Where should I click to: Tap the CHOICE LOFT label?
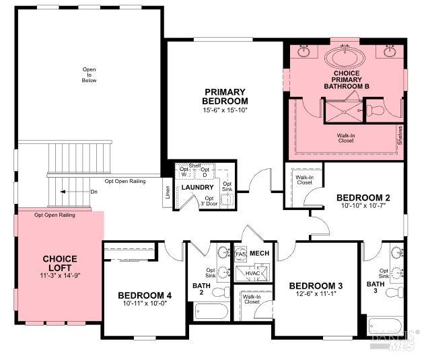click(59, 263)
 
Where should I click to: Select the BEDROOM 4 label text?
click(144, 295)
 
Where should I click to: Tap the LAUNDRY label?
click(198, 187)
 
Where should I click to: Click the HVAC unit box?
click(252, 274)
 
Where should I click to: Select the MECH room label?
click(259, 253)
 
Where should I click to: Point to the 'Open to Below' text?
click(90, 75)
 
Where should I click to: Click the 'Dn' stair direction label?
click(94, 192)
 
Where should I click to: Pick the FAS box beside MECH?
click(240, 254)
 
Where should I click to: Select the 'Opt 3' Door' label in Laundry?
click(209, 202)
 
